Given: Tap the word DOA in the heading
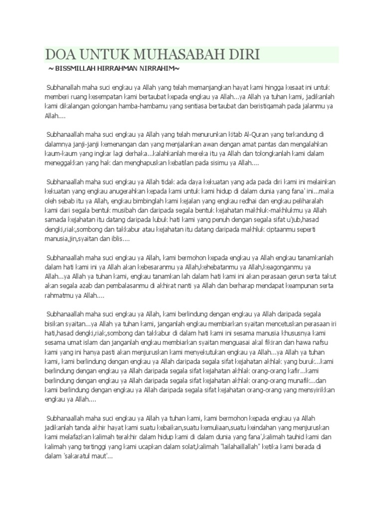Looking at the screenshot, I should tap(61, 54).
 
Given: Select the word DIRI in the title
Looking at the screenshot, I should tap(243, 54).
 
